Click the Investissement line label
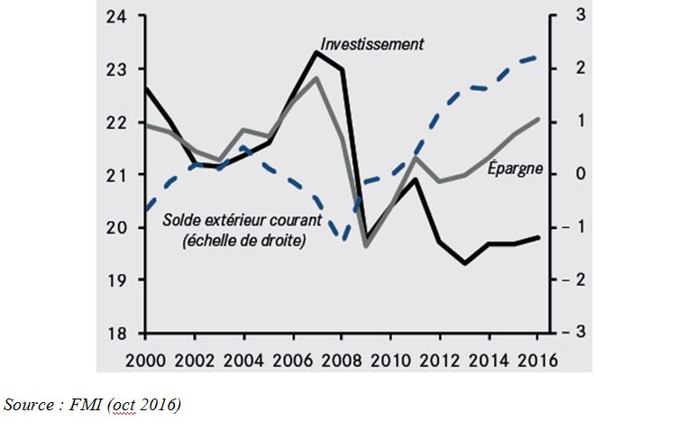[x=371, y=43]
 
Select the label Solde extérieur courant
[x=234, y=220]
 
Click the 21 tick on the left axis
[x=117, y=174]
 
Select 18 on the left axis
[x=117, y=333]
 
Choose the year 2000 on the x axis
[x=146, y=359]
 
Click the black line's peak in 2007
[x=316, y=52]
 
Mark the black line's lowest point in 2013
[x=463, y=263]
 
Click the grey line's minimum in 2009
[x=366, y=245]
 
